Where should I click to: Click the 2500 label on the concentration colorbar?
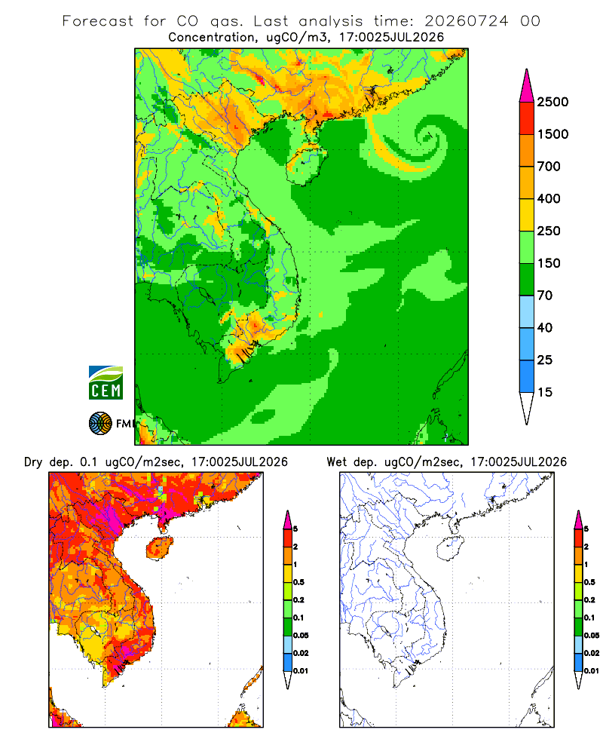pyautogui.click(x=552, y=102)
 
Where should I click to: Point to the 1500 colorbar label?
pyautogui.click(x=552, y=134)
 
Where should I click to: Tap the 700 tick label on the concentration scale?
pyautogui.click(x=549, y=167)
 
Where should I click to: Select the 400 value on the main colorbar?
pyautogui.click(x=549, y=198)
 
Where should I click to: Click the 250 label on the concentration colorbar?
pyautogui.click(x=549, y=231)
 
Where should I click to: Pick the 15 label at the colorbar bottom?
pyautogui.click(x=545, y=392)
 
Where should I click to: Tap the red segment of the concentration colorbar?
pyautogui.click(x=527, y=118)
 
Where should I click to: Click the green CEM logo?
pyautogui.click(x=106, y=383)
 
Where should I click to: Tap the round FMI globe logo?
pyautogui.click(x=100, y=424)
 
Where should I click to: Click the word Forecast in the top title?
pyautogui.click(x=98, y=21)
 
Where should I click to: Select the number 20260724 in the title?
pyautogui.click(x=466, y=21)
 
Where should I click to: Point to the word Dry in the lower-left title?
pyautogui.click(x=33, y=462)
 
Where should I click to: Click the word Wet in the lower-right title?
pyautogui.click(x=336, y=462)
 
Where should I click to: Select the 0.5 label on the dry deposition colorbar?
pyautogui.click(x=298, y=582)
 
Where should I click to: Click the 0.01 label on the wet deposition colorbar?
pyautogui.click(x=592, y=671)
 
